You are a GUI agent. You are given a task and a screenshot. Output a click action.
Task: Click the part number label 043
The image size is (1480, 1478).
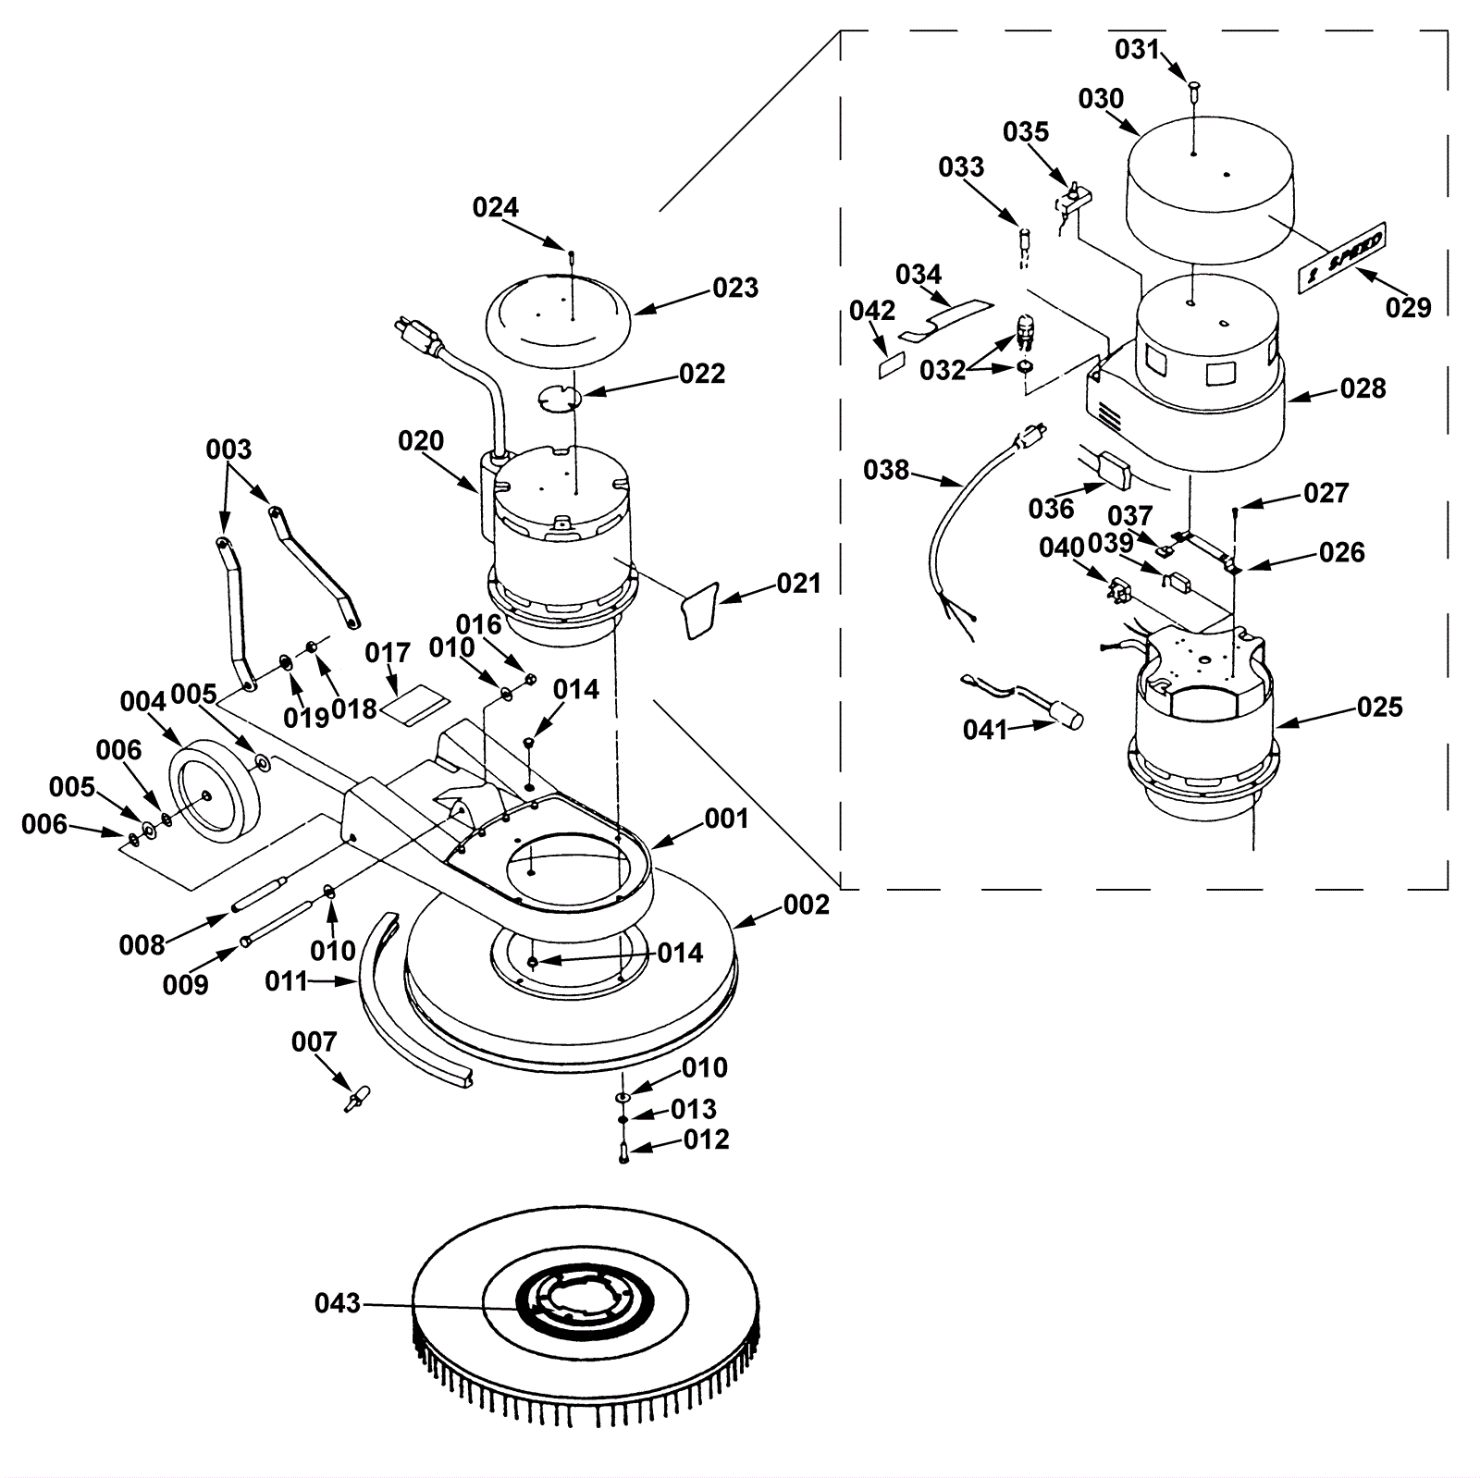point(338,1303)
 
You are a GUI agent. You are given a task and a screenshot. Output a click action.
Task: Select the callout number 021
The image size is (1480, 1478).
point(798,584)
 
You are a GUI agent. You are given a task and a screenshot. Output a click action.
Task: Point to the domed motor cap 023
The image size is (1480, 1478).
point(559,314)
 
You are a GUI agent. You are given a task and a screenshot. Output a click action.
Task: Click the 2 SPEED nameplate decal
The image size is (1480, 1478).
point(1340,258)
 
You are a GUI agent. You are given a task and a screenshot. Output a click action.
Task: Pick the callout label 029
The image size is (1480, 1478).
point(1408,307)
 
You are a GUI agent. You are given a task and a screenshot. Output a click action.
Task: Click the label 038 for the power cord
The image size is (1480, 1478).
point(886,470)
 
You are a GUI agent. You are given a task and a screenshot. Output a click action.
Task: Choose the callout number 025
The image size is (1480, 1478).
point(1379,708)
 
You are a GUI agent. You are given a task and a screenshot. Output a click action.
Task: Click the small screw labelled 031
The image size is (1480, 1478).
point(1194,90)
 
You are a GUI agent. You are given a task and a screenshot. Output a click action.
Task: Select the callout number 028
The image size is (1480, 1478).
point(1363,388)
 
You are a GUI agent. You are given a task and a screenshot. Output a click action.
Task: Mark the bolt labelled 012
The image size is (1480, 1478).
point(623,1153)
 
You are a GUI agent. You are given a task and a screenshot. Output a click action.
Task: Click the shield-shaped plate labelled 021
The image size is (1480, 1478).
point(701,610)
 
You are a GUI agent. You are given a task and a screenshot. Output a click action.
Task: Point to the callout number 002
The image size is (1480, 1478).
point(806,905)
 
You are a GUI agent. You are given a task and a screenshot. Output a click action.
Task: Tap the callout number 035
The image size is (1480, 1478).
point(1026,132)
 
